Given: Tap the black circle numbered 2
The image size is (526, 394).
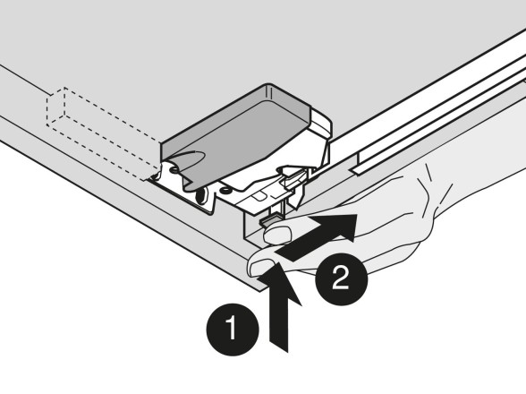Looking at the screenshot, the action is click(x=342, y=278).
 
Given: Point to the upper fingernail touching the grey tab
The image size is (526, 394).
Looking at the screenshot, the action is click(x=277, y=234).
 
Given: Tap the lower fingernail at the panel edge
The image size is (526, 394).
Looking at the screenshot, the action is click(x=261, y=268).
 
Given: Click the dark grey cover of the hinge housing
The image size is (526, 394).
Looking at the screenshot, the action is click(x=234, y=134).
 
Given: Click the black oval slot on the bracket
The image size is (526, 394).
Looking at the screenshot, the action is click(x=201, y=195).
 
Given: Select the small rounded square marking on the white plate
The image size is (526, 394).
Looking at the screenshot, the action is click(x=259, y=196).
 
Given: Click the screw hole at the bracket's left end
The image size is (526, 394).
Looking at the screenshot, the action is click(x=174, y=169).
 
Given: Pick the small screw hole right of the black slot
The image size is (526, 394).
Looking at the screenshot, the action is click(x=225, y=191).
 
